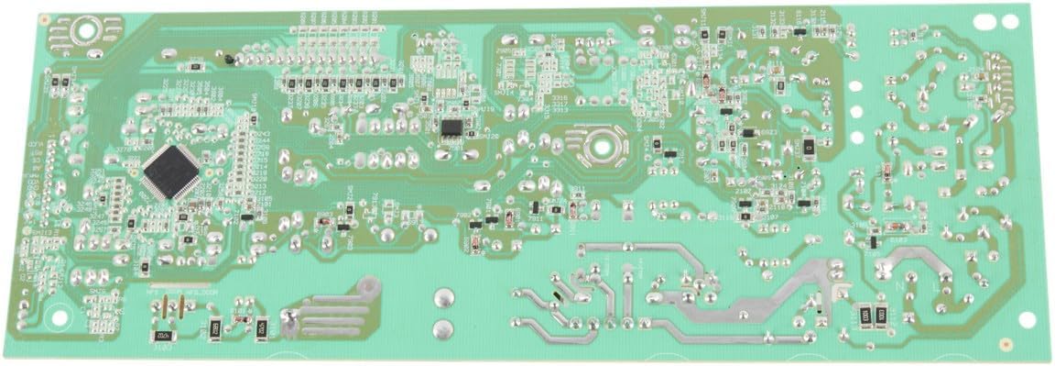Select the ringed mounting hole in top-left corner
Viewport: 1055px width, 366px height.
[x=88, y=30]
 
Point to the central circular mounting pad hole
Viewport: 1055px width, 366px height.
[x=600, y=143]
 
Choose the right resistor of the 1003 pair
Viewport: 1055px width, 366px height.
[x=881, y=315]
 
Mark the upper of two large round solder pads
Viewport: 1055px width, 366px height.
[x=443, y=296]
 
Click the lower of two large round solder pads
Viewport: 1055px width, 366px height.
[x=443, y=327]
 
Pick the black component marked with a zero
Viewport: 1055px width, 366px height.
[x=809, y=146]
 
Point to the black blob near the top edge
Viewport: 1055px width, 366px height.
[x=228, y=59]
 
